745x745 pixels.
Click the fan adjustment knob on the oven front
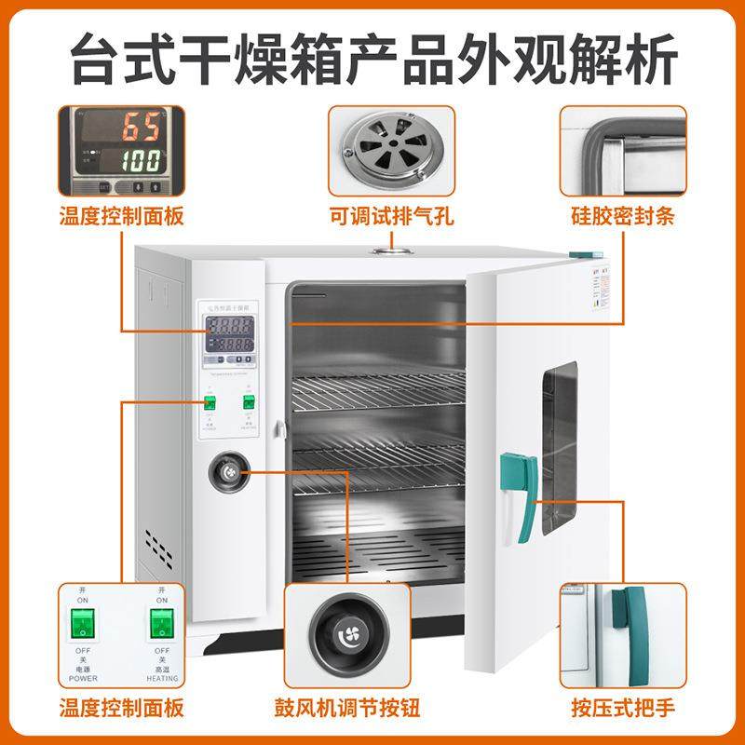pyautogui.click(x=228, y=474)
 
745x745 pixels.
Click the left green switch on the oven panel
pyautogui.click(x=210, y=403)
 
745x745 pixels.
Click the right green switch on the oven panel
pyautogui.click(x=249, y=402)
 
